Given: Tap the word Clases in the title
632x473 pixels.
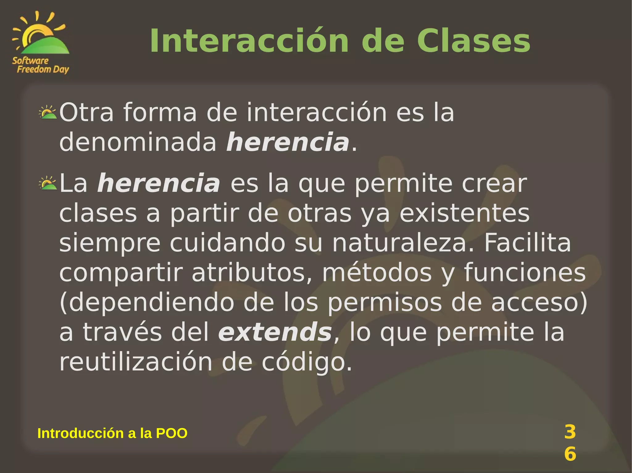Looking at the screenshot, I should pyautogui.click(x=473, y=41).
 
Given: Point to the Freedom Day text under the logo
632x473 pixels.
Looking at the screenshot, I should pyautogui.click(x=43, y=69).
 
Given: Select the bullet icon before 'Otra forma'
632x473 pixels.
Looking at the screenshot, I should pyautogui.click(x=48, y=112).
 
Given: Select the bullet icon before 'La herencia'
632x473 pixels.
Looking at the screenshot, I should pyautogui.click(x=48, y=183).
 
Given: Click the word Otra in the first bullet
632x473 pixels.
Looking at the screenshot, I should pyautogui.click(x=86, y=112).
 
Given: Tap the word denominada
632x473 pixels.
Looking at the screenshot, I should pyautogui.click(x=138, y=142).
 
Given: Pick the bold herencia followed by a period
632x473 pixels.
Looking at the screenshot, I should pyautogui.click(x=288, y=142).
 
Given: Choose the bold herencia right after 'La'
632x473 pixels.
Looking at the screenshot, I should pyautogui.click(x=159, y=183).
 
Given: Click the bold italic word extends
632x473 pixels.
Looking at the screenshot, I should pyautogui.click(x=275, y=332).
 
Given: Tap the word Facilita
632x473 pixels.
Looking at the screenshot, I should pyautogui.click(x=527, y=243).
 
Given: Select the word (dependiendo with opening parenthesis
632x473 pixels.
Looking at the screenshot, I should pyautogui.click(x=147, y=303).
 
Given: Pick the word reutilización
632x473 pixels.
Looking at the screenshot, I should pyautogui.click(x=136, y=362).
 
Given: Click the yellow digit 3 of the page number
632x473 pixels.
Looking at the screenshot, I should pyautogui.click(x=570, y=432).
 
